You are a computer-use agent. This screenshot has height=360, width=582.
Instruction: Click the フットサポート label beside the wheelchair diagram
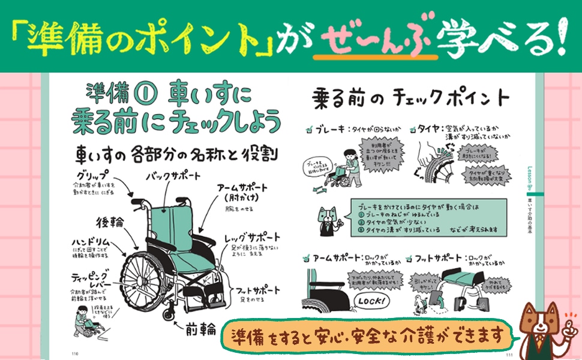(254, 287)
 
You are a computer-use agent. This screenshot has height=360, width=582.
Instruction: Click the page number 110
(75, 352)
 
